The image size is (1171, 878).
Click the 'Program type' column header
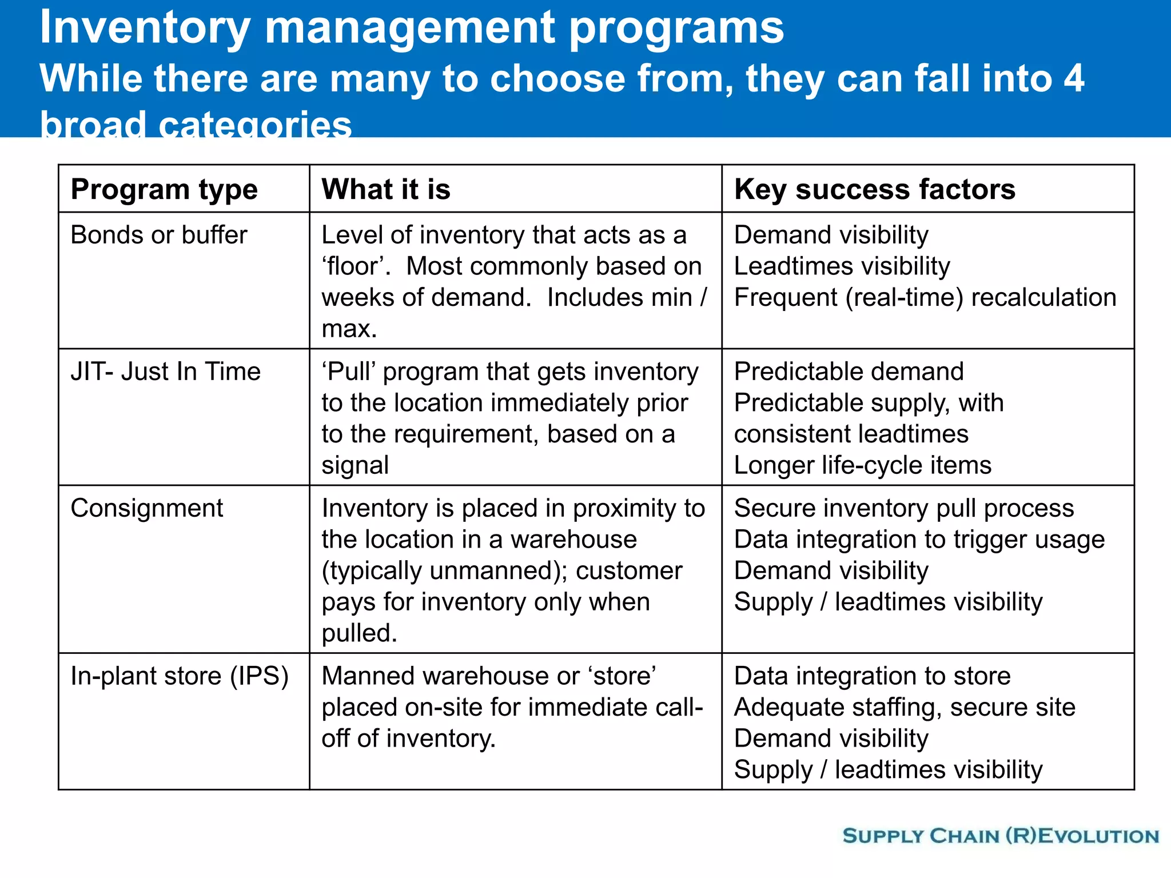tap(164, 190)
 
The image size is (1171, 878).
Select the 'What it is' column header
tap(386, 189)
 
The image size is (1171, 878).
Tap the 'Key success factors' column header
tap(874, 189)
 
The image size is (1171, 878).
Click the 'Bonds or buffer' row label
tap(159, 235)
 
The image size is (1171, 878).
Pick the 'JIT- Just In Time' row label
tap(165, 372)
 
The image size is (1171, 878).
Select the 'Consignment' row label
tap(147, 508)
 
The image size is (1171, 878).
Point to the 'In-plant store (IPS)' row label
tap(180, 676)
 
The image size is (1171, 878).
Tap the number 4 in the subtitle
tap(1073, 78)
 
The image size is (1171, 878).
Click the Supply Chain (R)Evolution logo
tap(1001, 836)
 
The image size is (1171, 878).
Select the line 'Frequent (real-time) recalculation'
tap(925, 298)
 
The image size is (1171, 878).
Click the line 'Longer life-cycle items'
tap(862, 465)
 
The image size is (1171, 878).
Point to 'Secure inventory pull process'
tap(903, 508)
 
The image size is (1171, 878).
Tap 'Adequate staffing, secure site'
tap(905, 708)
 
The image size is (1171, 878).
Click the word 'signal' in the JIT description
tap(355, 465)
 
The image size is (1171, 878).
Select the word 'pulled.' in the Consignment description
tap(359, 633)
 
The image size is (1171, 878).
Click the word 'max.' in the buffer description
tap(349, 329)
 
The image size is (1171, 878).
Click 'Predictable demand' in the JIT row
tap(849, 372)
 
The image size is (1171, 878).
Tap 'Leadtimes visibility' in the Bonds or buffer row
tap(842, 266)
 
